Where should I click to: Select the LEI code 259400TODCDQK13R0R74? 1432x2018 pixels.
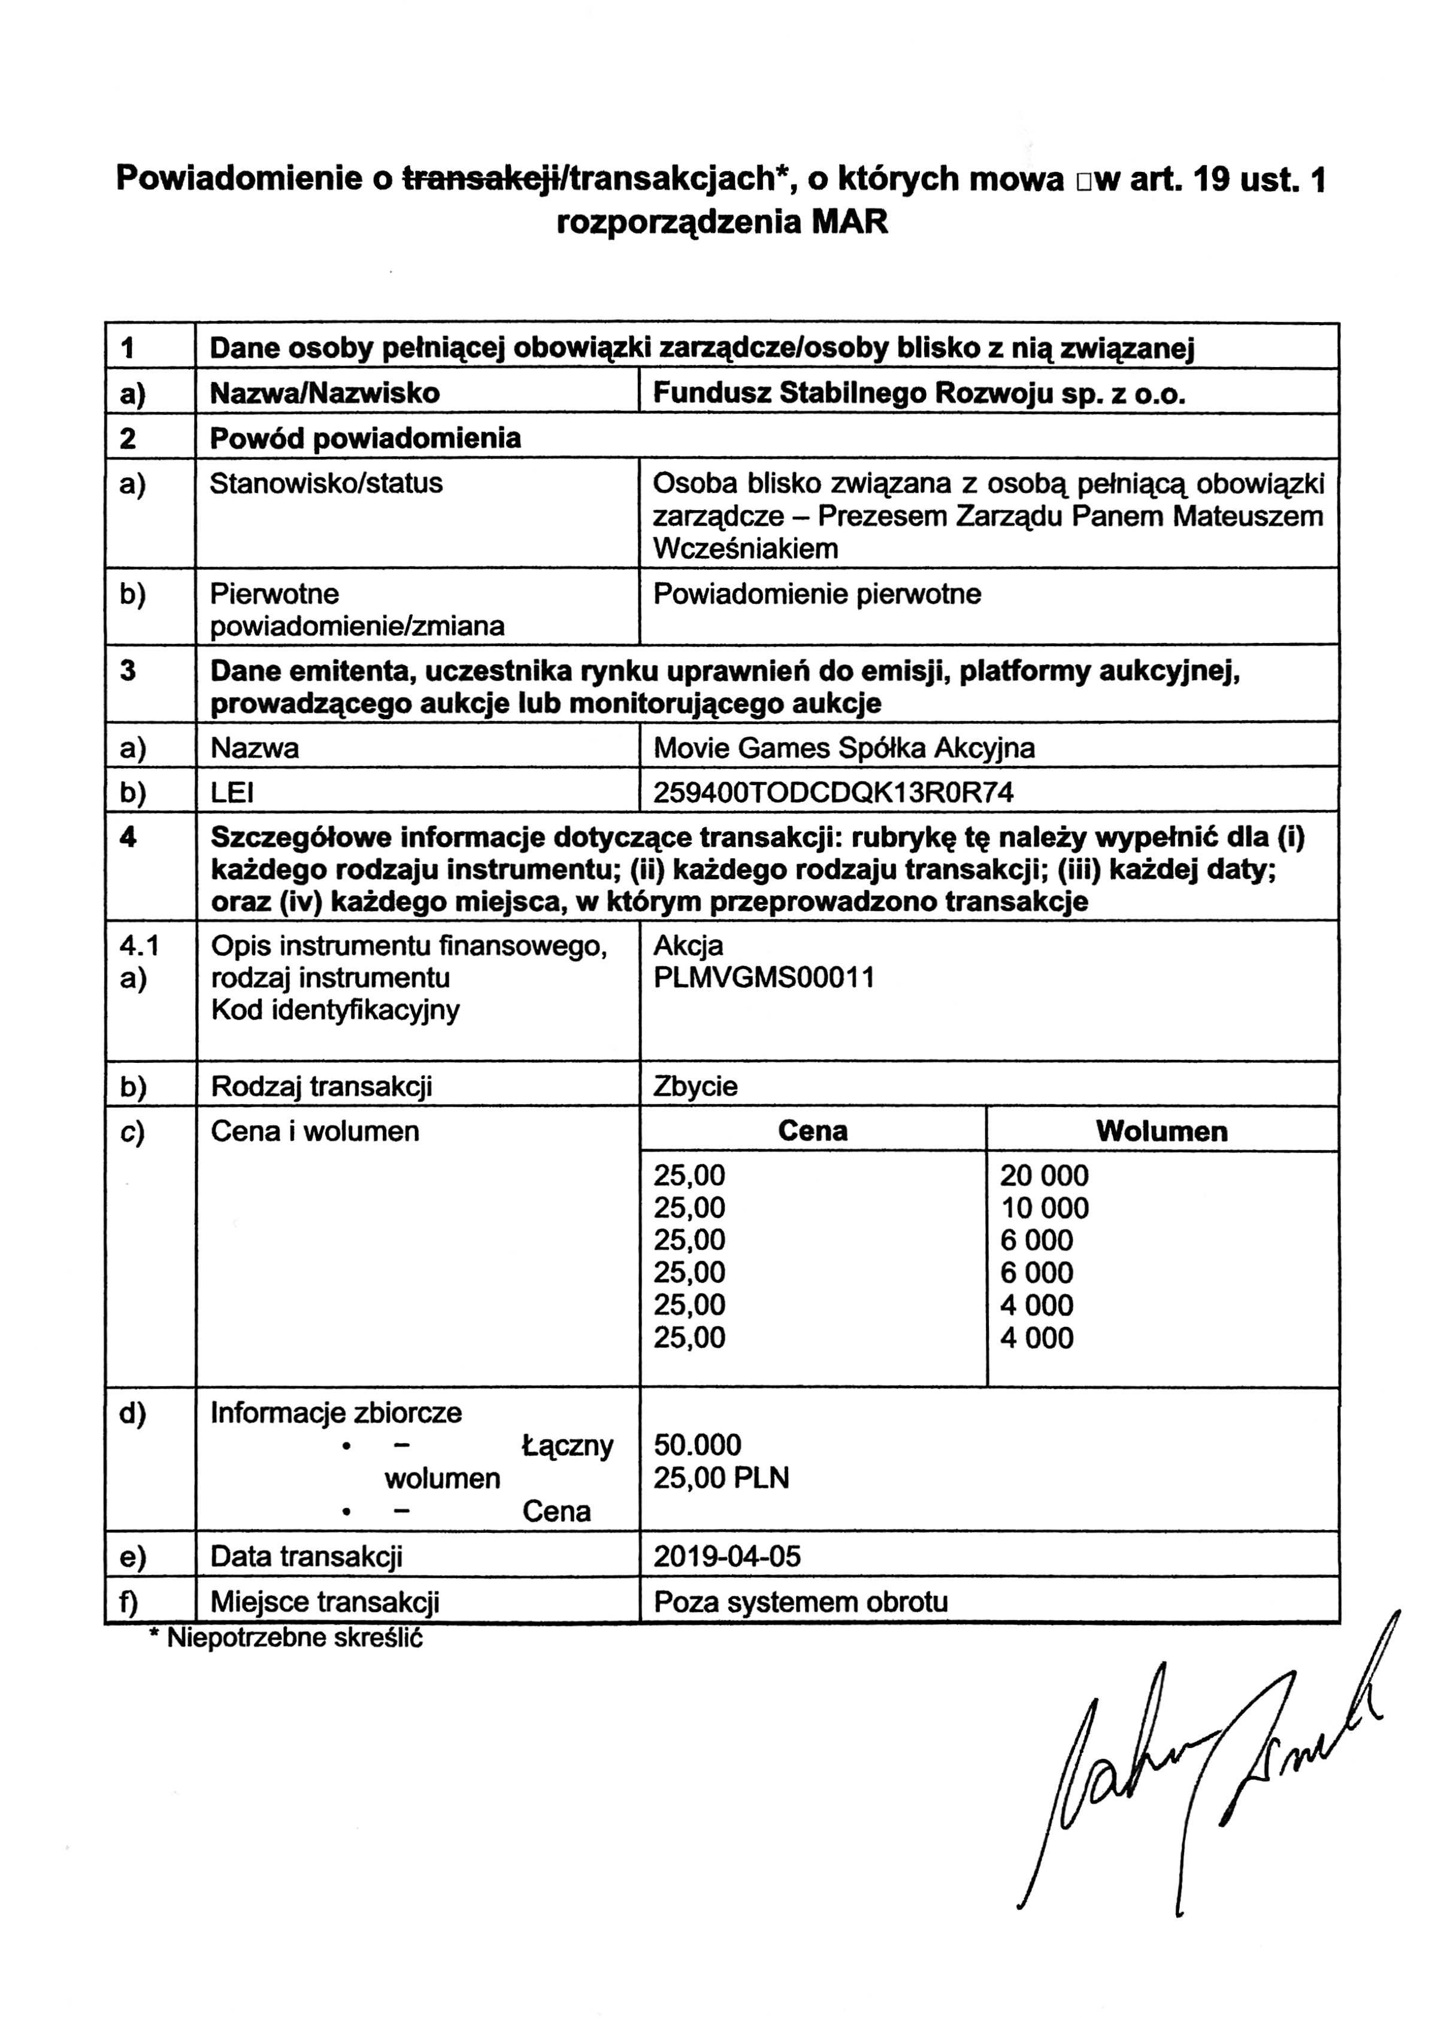point(832,793)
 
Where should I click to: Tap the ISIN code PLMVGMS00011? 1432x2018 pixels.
point(764,978)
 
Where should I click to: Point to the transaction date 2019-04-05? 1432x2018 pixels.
point(726,1556)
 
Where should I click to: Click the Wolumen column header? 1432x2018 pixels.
point(1161,1131)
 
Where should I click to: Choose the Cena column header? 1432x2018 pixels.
point(812,1131)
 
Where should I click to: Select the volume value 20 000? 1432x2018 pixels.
point(1044,1175)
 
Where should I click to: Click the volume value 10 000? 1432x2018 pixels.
point(1044,1208)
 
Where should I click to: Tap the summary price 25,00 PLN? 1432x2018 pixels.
point(720,1478)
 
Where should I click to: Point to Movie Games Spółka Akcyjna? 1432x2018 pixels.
point(844,749)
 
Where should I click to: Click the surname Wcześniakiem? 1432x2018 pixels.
point(745,549)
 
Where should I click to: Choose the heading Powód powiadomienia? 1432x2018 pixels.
point(365,438)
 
